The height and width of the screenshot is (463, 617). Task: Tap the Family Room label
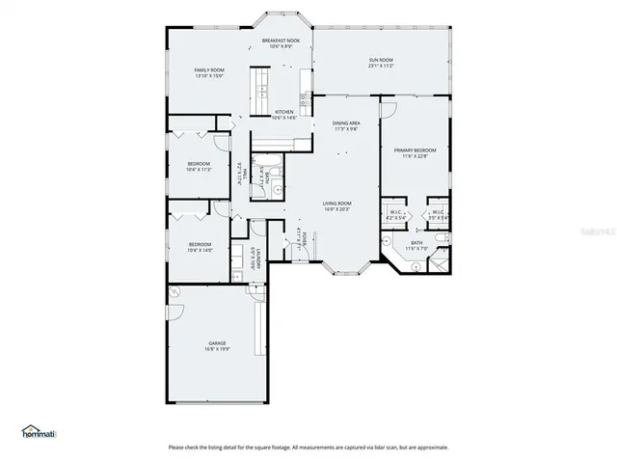[209, 70]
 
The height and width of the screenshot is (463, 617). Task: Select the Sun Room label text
[381, 60]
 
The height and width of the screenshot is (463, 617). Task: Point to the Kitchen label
[283, 112]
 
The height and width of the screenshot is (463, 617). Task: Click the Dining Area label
[346, 123]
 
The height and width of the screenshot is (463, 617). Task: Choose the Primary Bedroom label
[415, 150]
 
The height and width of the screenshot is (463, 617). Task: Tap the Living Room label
[336, 204]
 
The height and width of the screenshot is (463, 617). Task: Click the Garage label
[217, 343]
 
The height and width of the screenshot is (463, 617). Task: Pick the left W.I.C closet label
[396, 213]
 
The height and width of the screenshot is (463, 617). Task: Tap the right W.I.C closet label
[437, 213]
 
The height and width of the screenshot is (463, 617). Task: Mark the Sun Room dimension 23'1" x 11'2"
[381, 67]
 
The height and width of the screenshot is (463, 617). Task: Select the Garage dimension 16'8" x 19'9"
[217, 349]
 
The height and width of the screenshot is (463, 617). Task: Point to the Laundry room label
[253, 259]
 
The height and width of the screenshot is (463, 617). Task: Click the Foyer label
[303, 238]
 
